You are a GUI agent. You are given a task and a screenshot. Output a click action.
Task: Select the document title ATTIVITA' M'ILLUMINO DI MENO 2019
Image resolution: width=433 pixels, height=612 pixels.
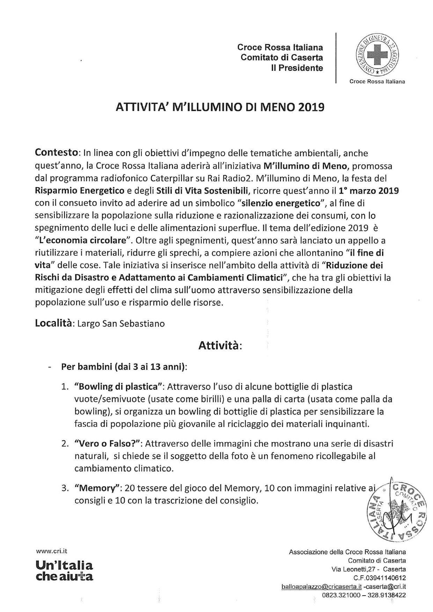click(x=220, y=107)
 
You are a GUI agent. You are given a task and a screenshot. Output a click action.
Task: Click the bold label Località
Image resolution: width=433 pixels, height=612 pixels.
click(x=54, y=323)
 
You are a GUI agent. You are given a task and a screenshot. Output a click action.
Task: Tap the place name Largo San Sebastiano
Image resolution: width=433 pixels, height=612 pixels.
click(x=121, y=324)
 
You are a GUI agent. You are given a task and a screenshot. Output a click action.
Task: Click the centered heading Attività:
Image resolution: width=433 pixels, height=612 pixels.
click(x=220, y=345)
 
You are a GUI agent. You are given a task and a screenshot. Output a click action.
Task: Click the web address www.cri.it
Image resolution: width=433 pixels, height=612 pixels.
click(x=51, y=551)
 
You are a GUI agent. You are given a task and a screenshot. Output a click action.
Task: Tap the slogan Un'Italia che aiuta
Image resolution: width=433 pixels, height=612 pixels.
click(x=64, y=570)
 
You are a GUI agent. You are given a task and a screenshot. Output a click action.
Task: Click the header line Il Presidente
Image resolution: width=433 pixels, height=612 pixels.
click(x=297, y=68)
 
